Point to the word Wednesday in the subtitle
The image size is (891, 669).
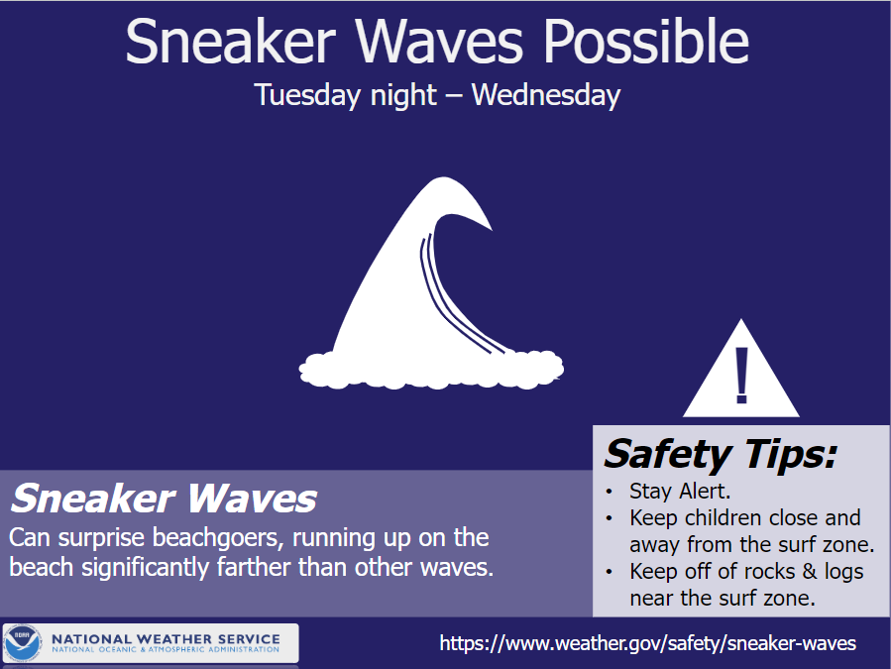(546, 96)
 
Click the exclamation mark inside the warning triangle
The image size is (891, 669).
(741, 376)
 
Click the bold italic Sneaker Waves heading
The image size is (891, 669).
(164, 498)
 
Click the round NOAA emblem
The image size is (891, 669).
(24, 643)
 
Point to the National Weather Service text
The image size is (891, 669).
(166, 638)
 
